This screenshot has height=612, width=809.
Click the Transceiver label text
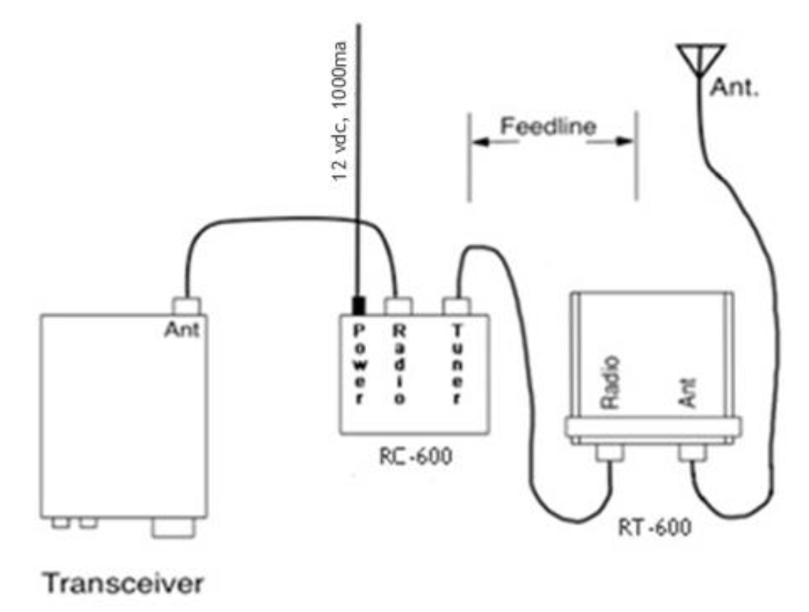124,583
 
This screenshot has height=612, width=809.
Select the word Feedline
548,126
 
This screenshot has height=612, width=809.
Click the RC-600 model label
415,455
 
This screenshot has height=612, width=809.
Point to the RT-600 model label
655,527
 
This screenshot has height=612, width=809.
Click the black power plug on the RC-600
358,306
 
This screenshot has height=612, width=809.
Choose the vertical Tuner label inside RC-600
456,364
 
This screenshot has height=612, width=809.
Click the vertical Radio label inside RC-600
398,364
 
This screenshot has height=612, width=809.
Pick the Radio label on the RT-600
610,382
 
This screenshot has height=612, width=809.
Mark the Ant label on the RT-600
688,393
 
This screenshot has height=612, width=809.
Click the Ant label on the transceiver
181,330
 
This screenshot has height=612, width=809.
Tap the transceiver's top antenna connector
186,306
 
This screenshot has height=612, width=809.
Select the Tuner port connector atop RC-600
456,306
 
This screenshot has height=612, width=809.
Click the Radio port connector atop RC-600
398,306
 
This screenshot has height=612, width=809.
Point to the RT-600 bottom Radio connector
610,452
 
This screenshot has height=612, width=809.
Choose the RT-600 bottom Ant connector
692,452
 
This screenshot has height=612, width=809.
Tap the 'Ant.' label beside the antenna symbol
734,87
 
